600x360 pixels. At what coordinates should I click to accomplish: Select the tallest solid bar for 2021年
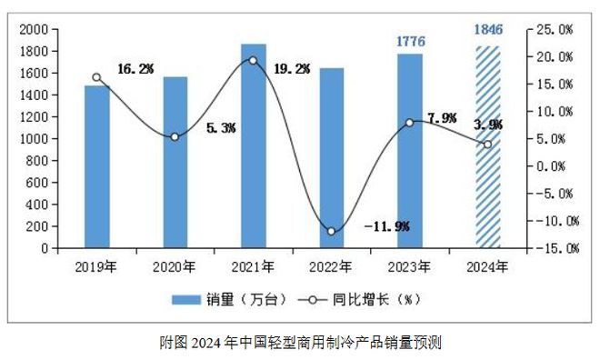(254, 145)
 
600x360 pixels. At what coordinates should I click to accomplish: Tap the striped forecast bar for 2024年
(488, 146)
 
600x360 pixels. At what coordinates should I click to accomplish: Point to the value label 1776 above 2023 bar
(410, 41)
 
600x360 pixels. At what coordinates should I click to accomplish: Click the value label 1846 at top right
(488, 28)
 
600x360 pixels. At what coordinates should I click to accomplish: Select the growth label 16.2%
(135, 68)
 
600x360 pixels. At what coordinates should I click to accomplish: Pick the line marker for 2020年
(175, 137)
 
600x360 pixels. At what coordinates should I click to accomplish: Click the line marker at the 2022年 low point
(332, 231)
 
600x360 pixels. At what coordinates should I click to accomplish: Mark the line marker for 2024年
(488, 145)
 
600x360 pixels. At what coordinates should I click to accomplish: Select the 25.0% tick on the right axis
(553, 29)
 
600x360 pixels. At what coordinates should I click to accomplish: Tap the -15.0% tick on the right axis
(551, 248)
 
